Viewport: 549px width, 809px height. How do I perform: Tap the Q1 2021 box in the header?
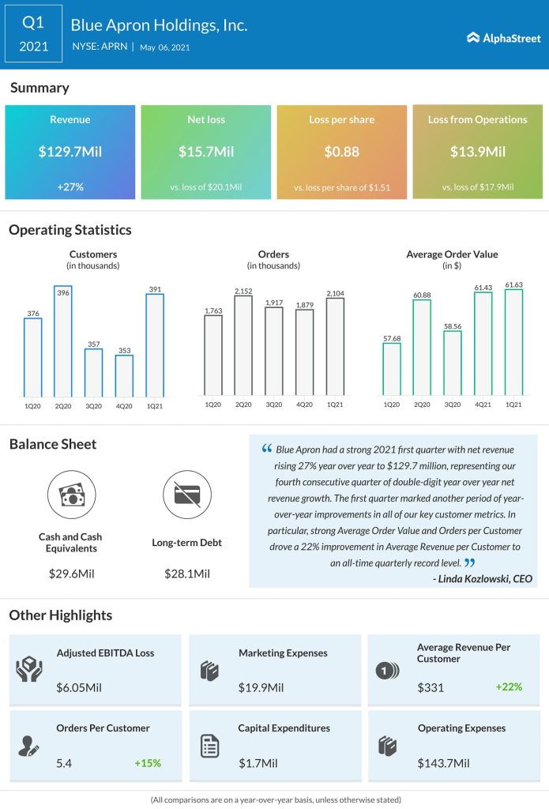tap(33, 35)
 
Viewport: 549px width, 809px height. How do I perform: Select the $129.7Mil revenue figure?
tap(70, 152)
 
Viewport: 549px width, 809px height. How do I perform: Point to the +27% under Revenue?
tap(70, 186)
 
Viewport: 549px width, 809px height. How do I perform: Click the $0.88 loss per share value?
tap(341, 152)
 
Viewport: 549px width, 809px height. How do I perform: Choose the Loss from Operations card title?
tap(477, 120)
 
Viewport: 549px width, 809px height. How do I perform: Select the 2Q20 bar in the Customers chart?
tap(63, 341)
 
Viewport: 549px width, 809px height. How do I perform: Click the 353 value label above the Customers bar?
tap(124, 346)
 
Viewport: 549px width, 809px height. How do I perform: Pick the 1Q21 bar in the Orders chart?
tap(335, 347)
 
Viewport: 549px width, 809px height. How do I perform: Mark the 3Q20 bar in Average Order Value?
tap(452, 363)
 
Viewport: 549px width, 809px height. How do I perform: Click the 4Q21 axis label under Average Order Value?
tap(483, 404)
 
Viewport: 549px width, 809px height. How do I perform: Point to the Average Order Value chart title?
tap(453, 254)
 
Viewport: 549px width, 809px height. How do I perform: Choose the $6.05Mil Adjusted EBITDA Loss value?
tap(79, 688)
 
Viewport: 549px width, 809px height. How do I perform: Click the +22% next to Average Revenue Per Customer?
tap(509, 687)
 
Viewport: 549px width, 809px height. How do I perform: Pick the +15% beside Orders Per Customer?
tap(148, 763)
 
